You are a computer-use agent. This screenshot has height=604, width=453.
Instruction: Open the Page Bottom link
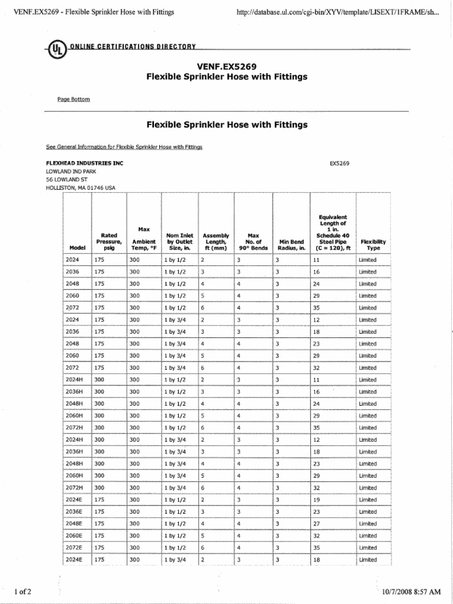pos(74,99)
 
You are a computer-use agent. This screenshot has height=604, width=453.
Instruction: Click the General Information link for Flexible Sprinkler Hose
pos(124,147)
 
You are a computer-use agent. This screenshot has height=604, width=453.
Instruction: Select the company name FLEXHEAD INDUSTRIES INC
pos(84,163)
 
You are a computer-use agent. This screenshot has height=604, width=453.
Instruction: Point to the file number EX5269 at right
pos(339,163)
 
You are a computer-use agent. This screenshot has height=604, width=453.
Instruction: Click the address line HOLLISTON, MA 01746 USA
pos(81,188)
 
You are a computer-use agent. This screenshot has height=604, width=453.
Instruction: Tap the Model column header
pos(77,248)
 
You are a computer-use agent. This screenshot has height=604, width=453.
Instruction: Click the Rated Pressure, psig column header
pos(109,241)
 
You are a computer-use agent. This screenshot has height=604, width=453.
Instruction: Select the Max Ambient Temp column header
pos(144,238)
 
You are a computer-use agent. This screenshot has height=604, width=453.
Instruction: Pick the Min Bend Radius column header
pos(291,245)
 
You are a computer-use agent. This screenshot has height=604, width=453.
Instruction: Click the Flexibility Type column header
pos(373,245)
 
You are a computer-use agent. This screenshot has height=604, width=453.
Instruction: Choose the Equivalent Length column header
pos(333,232)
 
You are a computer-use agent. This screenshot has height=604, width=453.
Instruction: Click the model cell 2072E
pos(74,547)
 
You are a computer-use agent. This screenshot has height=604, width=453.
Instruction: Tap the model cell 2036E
pos(74,511)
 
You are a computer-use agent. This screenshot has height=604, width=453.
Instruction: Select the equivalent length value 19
pos(316,500)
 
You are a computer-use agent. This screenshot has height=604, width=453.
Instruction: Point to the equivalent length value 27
pos(316,524)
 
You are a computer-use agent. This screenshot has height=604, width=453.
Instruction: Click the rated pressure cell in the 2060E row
pos(99,536)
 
